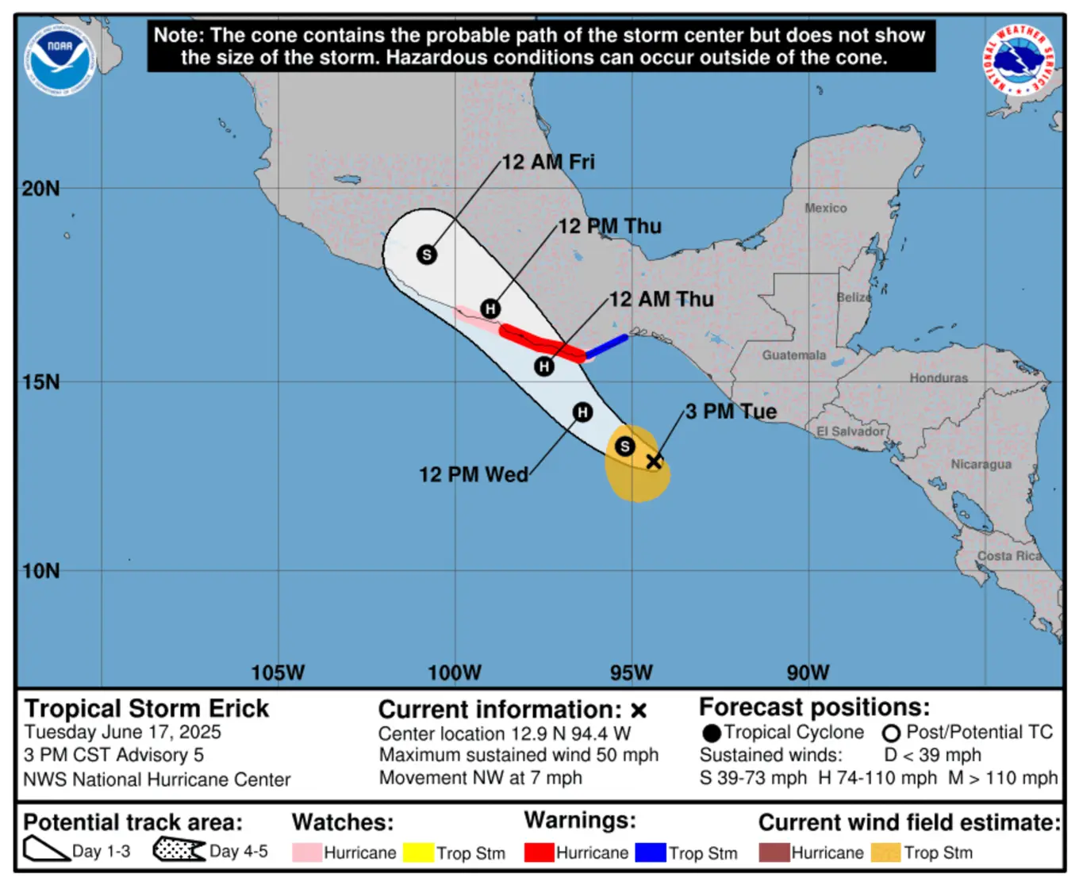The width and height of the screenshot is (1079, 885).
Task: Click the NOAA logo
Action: [x=60, y=60]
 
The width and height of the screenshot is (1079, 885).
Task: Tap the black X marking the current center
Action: [x=653, y=461]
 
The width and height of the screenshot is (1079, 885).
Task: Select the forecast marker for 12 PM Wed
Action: [x=582, y=412]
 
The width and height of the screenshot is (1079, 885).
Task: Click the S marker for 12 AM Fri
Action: [x=427, y=255]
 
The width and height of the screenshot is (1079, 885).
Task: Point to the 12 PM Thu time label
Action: [x=609, y=227]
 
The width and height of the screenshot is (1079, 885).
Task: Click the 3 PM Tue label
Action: [x=731, y=412]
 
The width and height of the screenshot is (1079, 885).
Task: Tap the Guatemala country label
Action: [x=793, y=355]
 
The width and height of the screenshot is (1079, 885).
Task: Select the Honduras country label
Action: [x=938, y=378]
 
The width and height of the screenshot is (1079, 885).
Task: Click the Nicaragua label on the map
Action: [x=981, y=464]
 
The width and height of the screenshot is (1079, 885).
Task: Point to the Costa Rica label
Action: [x=1009, y=556]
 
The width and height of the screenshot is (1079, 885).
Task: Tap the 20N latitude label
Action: [x=41, y=189]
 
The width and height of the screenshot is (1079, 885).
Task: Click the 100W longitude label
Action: [x=454, y=673]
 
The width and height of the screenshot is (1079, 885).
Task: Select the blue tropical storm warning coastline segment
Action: [x=607, y=347]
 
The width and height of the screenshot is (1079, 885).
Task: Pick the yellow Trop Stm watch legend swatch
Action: [x=417, y=852]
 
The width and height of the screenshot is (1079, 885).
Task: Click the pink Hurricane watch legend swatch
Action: [x=306, y=852]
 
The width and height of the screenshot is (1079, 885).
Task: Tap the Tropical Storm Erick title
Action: [x=147, y=708]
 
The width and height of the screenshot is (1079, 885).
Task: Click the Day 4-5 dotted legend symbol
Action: [x=179, y=849]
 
